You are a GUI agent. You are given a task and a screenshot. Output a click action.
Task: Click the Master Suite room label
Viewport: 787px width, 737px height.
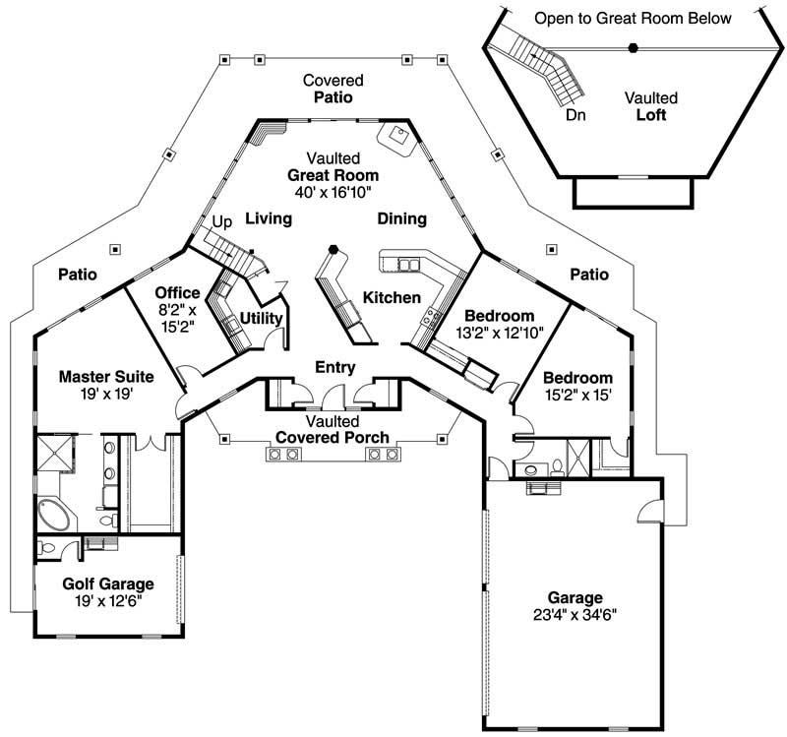[x=95, y=376]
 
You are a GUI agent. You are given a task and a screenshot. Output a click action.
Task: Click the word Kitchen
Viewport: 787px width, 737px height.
[x=392, y=297]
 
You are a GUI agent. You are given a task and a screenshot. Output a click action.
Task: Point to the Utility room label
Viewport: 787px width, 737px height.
[x=262, y=319]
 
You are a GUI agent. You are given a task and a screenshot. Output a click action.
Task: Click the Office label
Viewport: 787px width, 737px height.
[x=178, y=293]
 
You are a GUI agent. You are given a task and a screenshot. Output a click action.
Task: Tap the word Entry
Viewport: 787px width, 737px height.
[x=334, y=367]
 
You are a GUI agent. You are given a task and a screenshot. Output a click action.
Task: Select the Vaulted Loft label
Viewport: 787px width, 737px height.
[x=650, y=114]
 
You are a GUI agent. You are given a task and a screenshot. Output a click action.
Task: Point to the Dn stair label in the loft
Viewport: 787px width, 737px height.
[x=576, y=115]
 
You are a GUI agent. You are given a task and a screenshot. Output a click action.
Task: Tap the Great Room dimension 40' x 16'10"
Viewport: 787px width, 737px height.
[x=333, y=192]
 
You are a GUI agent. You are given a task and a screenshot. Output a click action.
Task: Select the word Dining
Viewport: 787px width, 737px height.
[x=401, y=218]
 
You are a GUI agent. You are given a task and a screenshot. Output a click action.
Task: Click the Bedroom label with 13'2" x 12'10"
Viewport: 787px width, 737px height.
[x=500, y=316]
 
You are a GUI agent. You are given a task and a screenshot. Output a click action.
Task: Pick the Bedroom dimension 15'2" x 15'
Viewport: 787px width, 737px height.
[x=577, y=395]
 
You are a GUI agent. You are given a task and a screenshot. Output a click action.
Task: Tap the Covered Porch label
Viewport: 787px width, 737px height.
[x=332, y=437]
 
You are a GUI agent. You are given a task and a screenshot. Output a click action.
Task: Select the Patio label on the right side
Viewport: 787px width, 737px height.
[x=587, y=275]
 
